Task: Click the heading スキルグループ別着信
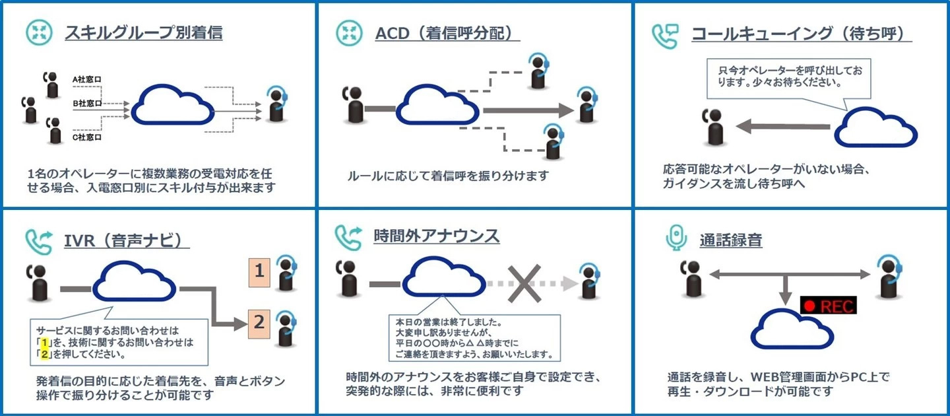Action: (x=144, y=32)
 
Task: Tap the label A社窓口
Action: (x=87, y=80)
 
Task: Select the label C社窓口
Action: (x=87, y=137)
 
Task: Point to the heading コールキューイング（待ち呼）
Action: (x=802, y=34)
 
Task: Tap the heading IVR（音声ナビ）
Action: (x=127, y=239)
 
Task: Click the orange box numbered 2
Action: (x=259, y=322)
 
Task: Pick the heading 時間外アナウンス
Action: (x=437, y=236)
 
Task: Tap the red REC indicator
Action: (x=828, y=306)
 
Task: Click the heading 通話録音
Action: (x=731, y=240)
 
